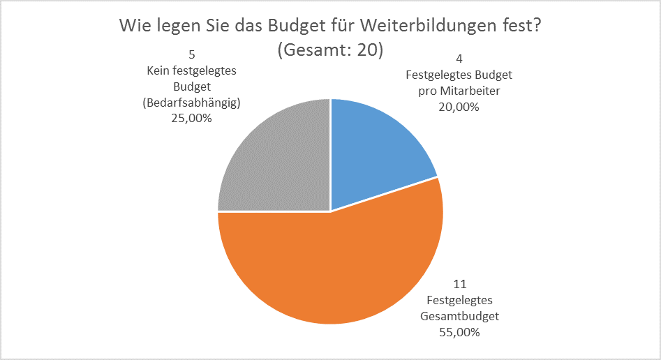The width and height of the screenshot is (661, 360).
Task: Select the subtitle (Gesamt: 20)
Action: click(x=330, y=51)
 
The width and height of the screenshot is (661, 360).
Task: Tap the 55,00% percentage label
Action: click(x=459, y=332)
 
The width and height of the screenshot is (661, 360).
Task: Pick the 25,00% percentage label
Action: click(x=191, y=119)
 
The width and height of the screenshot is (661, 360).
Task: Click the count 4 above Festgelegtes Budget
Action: click(x=459, y=58)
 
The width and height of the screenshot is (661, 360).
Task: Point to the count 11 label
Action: click(x=459, y=284)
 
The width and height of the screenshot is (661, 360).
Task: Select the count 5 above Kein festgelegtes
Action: click(x=191, y=54)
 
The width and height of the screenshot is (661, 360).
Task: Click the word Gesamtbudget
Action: click(x=459, y=316)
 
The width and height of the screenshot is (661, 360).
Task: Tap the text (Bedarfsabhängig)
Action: click(x=191, y=103)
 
